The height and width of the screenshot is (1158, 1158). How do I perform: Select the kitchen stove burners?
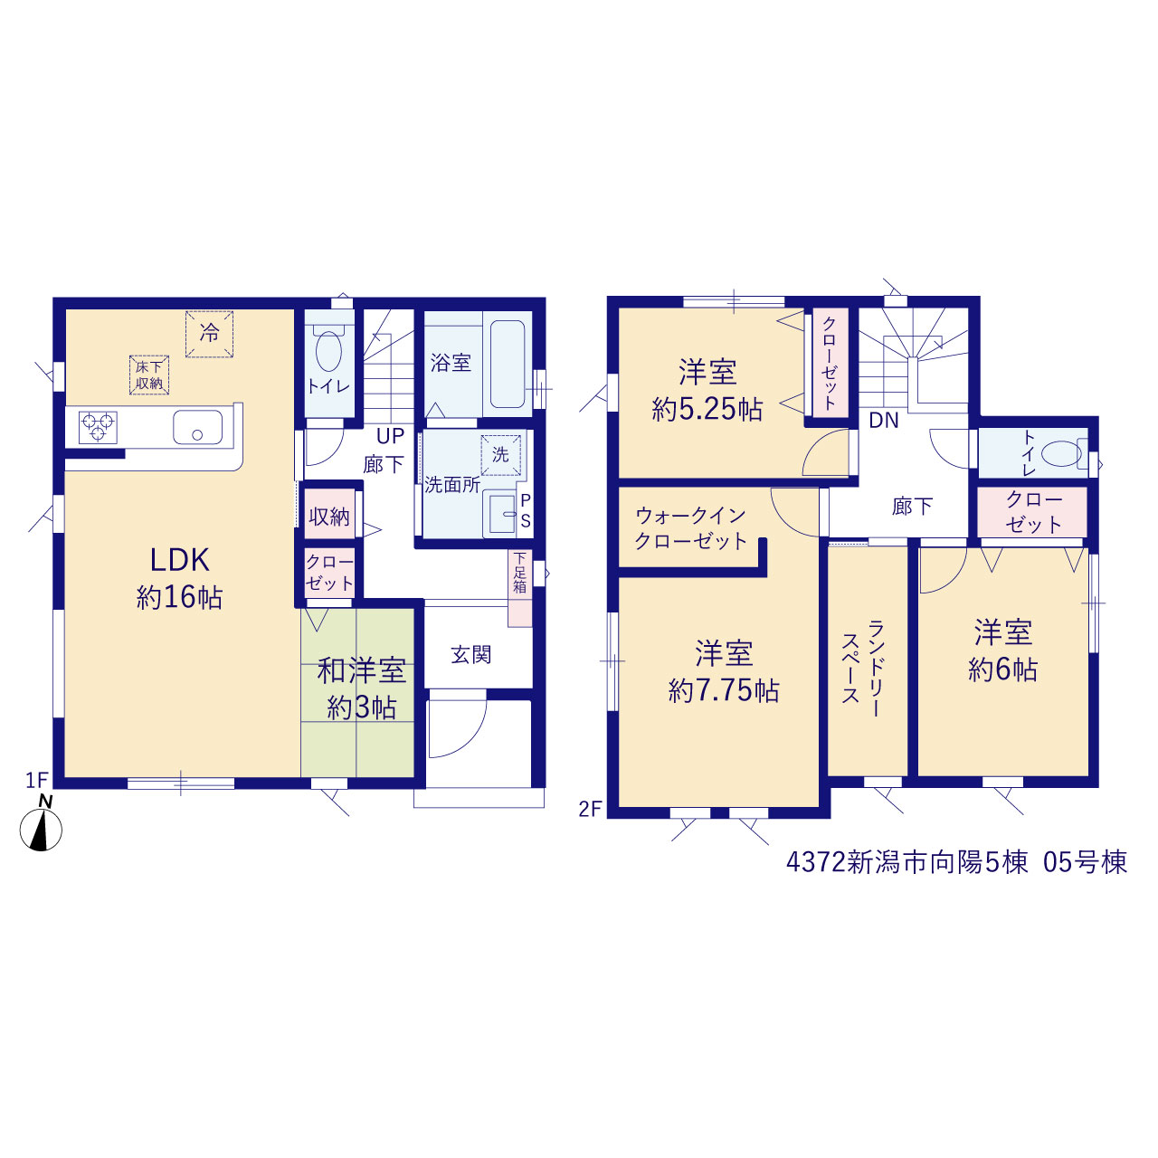click(x=98, y=427)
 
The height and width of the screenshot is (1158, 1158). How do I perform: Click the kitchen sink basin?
click(x=198, y=427)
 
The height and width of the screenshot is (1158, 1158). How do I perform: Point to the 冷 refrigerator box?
click(x=209, y=334)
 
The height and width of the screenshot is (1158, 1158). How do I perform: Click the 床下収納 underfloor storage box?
click(x=149, y=375)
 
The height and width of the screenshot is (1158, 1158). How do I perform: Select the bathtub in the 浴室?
click(x=508, y=365)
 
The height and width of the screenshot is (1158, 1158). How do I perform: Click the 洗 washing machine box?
click(x=500, y=455)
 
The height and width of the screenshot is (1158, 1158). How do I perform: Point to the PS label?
click(x=526, y=511)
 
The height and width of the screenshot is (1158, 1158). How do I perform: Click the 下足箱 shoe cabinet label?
click(x=520, y=572)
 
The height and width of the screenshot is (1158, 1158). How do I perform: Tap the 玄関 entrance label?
click(x=471, y=654)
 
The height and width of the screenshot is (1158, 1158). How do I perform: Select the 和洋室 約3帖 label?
click(x=362, y=689)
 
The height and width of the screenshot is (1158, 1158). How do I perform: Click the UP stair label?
click(x=390, y=436)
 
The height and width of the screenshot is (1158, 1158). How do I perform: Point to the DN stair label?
click(x=884, y=420)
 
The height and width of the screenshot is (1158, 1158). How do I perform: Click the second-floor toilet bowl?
click(x=1062, y=454)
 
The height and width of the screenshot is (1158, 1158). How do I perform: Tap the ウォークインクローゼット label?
click(x=691, y=528)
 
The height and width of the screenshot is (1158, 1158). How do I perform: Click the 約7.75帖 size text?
click(x=724, y=691)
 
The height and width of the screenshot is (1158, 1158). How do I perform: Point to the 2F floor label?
click(x=590, y=810)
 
